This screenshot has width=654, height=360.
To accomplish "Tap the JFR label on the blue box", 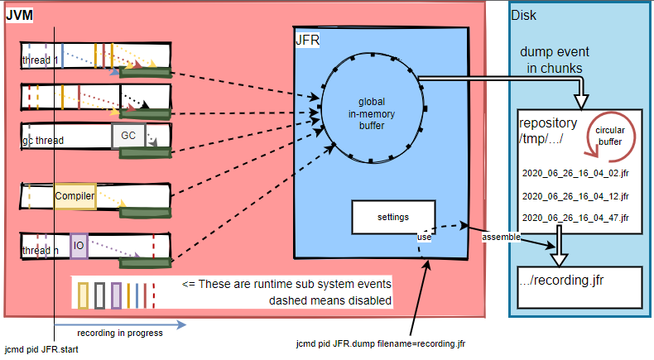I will (307, 40).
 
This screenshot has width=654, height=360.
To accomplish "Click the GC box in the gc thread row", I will (128, 135).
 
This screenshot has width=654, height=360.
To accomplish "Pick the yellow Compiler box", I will (75, 196).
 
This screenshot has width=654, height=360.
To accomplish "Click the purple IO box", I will (79, 246).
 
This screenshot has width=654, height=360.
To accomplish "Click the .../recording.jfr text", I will (563, 281).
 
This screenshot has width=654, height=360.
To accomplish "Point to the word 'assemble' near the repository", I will (502, 238).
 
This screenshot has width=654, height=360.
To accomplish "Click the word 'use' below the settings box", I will (424, 238).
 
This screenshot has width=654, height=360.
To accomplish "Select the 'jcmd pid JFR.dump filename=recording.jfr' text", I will (381, 343).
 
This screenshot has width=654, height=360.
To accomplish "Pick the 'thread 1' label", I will (40, 60).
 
